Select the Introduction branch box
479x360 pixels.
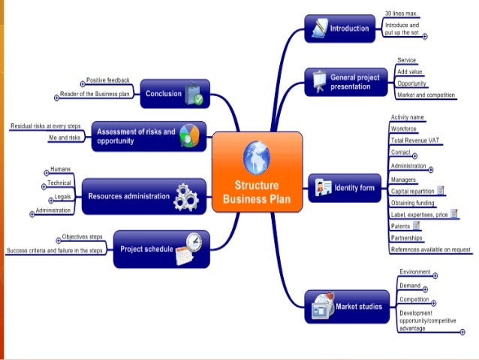pos(341,29)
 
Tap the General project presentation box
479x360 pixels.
pos(345,81)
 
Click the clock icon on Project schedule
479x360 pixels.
pos(192,242)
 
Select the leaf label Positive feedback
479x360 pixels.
pos(108,80)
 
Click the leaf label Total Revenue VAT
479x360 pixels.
pos(417,141)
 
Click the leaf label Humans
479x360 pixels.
pos(60,169)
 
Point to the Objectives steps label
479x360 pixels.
pos(83,236)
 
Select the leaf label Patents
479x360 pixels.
pos(401,225)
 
